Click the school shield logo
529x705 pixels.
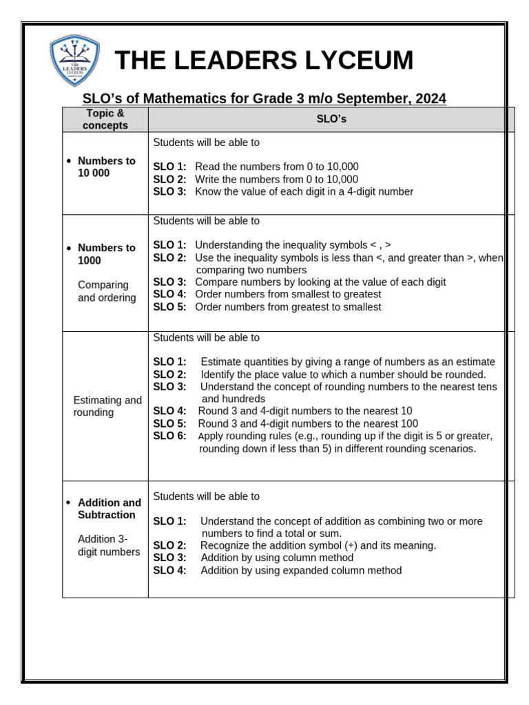(x=74, y=61)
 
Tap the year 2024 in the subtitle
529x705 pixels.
(x=426, y=98)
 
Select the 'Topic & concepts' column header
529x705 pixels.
(x=105, y=119)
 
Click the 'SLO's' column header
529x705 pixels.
(x=331, y=119)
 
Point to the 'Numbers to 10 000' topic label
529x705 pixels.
(x=106, y=167)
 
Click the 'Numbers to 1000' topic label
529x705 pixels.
(x=106, y=254)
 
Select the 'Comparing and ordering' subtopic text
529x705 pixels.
(x=107, y=291)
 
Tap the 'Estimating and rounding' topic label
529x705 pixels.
(x=107, y=406)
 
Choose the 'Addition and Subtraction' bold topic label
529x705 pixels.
(x=109, y=509)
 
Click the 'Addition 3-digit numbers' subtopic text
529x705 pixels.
(x=108, y=545)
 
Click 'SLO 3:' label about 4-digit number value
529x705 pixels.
(x=169, y=192)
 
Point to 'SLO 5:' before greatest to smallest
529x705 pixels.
(x=169, y=307)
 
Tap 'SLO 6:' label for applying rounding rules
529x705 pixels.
(x=169, y=436)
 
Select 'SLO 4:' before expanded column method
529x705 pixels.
(x=169, y=571)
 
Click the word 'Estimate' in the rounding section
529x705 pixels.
(x=220, y=362)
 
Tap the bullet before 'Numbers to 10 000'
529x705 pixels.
(x=68, y=161)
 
